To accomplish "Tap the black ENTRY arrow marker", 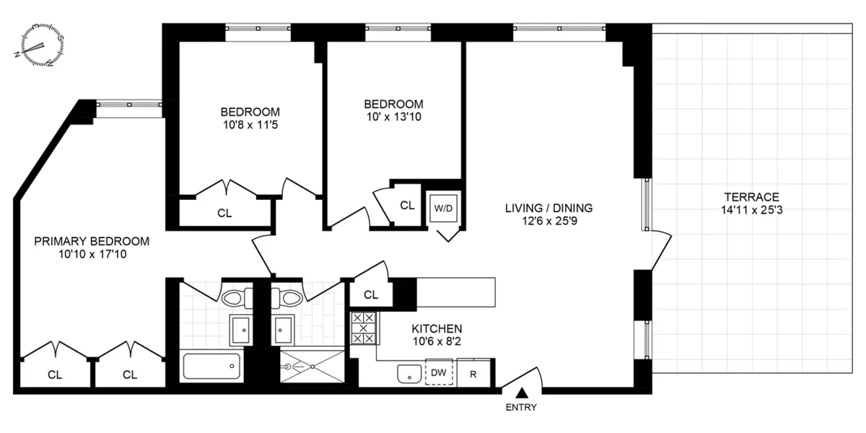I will click(521, 393).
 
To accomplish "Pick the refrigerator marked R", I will click(473, 373).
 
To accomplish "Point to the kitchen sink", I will click(410, 374).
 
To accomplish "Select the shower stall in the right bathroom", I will click(312, 366).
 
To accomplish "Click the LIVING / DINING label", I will click(548, 208).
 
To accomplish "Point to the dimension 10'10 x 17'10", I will click(92, 254).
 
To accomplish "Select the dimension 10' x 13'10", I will click(393, 116).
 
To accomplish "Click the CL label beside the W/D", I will click(407, 205).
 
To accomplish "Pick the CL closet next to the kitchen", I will click(371, 294).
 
